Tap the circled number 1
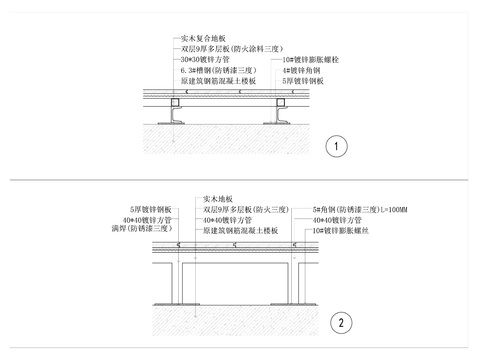(x=338, y=148)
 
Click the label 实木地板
(x=219, y=198)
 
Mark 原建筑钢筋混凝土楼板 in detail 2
(x=241, y=230)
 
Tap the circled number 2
(x=341, y=322)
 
